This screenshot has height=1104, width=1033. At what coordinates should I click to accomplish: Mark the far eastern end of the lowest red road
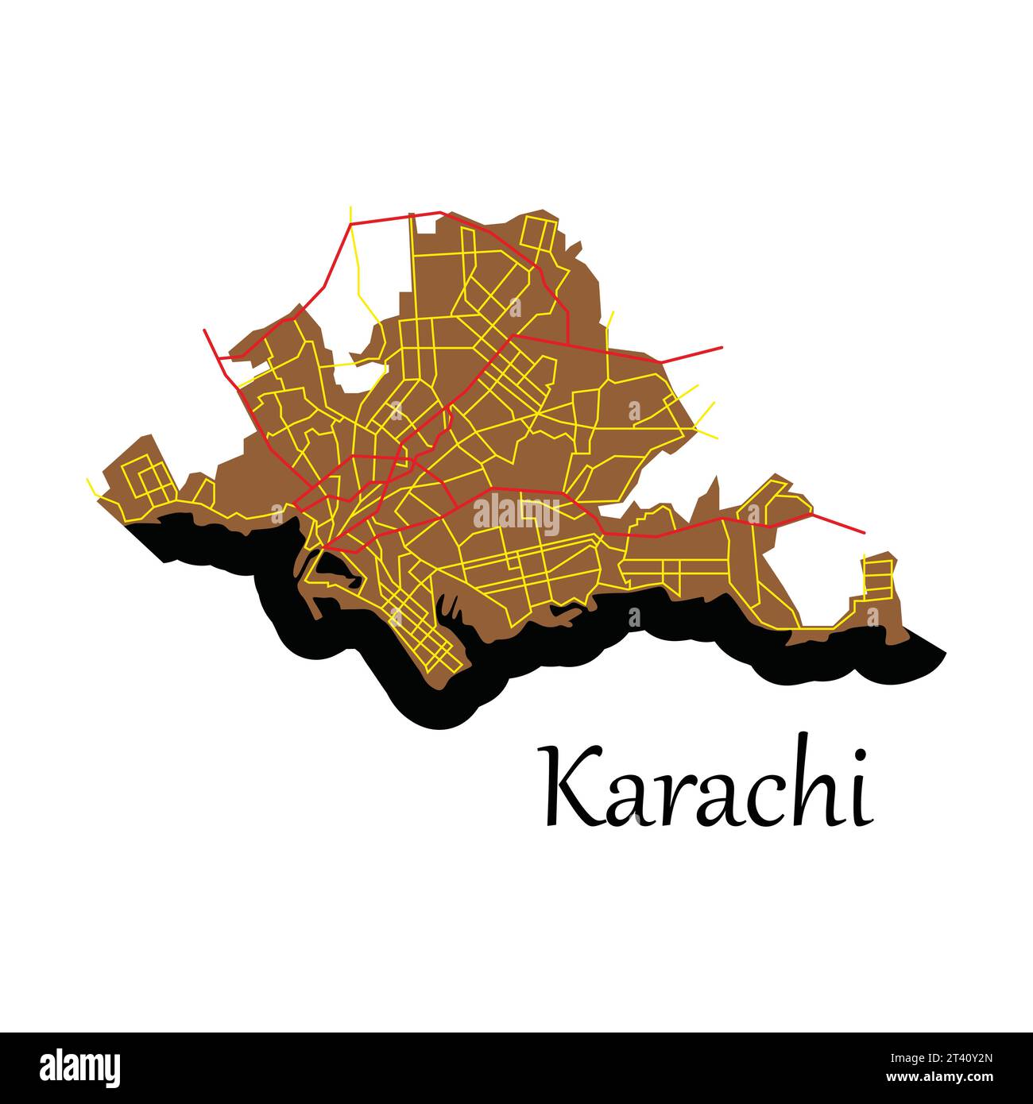click(x=864, y=532)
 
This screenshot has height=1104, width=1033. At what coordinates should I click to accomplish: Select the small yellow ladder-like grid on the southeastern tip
click(x=878, y=578)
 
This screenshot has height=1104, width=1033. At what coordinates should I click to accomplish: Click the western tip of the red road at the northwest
click(x=205, y=330)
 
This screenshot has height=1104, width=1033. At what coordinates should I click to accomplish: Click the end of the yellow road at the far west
click(x=87, y=479)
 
